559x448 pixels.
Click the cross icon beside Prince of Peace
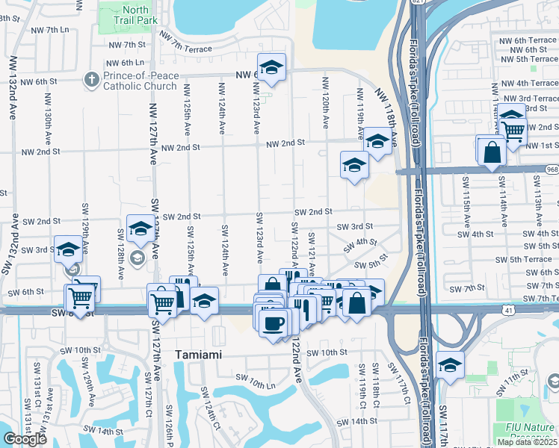point(91,80)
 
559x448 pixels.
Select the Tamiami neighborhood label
point(198,355)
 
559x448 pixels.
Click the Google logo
point(25,439)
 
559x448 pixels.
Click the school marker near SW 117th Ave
point(450,365)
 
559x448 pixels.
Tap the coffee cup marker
point(274,322)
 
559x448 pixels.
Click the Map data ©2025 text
point(526,442)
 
